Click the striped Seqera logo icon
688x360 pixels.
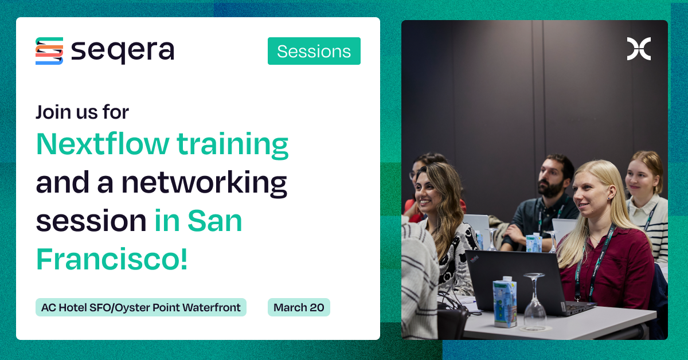tap(49, 51)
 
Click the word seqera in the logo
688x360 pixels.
tap(122, 51)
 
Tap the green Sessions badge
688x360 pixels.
tap(314, 51)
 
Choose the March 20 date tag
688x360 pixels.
tap(299, 307)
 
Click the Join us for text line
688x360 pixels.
tap(83, 111)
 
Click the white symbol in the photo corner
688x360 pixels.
tap(638, 49)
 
